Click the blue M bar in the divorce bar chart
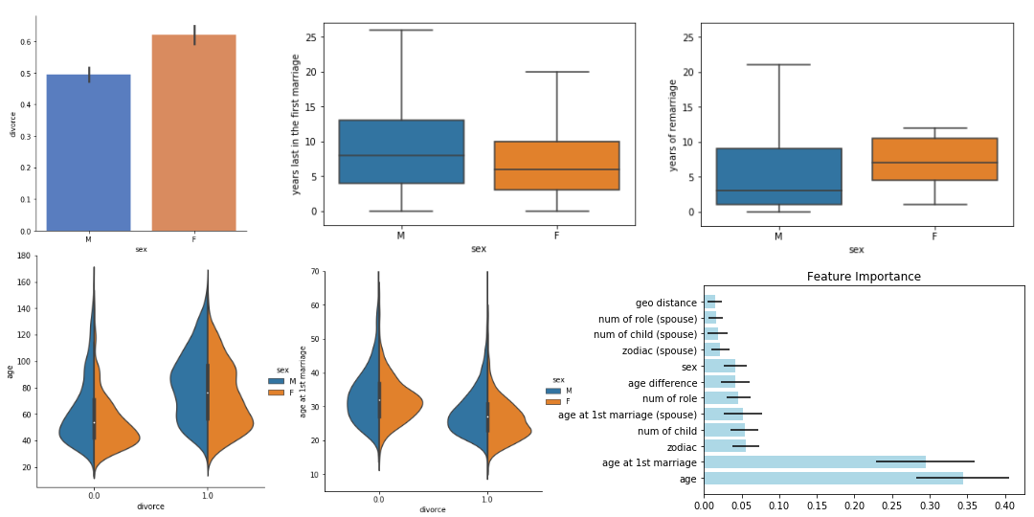(88, 152)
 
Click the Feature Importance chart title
(864, 277)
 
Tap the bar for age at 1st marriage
(815, 462)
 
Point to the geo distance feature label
(663, 303)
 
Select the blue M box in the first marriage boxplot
(401, 151)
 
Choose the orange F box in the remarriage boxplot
(934, 159)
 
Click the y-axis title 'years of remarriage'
(673, 125)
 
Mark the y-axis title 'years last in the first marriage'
(296, 124)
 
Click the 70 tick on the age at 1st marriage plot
(313, 273)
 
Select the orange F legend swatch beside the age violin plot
(275, 393)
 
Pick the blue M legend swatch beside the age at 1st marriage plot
(553, 391)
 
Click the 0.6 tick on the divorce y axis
(26, 42)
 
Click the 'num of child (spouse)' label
(645, 334)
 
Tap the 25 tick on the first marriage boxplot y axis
(311, 37)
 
